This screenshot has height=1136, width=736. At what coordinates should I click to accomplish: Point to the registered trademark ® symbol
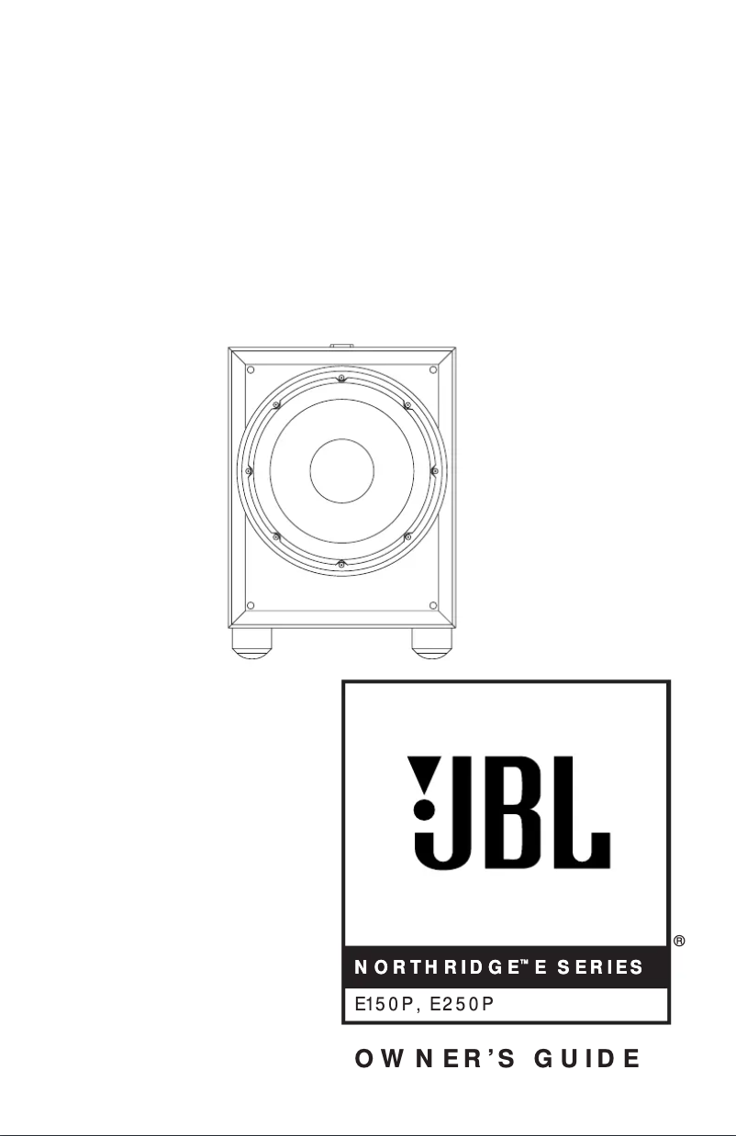click(680, 942)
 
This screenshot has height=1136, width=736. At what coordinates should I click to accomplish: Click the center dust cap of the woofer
click(341, 470)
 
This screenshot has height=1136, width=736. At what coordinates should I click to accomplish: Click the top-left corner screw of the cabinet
click(250, 369)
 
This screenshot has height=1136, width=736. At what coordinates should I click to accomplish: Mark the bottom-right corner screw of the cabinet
click(433, 605)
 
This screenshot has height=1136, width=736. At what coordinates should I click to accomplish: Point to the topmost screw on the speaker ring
click(340, 379)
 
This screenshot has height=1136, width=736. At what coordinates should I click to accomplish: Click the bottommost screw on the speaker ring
click(340, 562)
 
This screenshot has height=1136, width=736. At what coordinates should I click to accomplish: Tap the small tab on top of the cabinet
click(341, 347)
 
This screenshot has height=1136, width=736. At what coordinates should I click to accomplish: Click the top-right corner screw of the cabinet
click(433, 369)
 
